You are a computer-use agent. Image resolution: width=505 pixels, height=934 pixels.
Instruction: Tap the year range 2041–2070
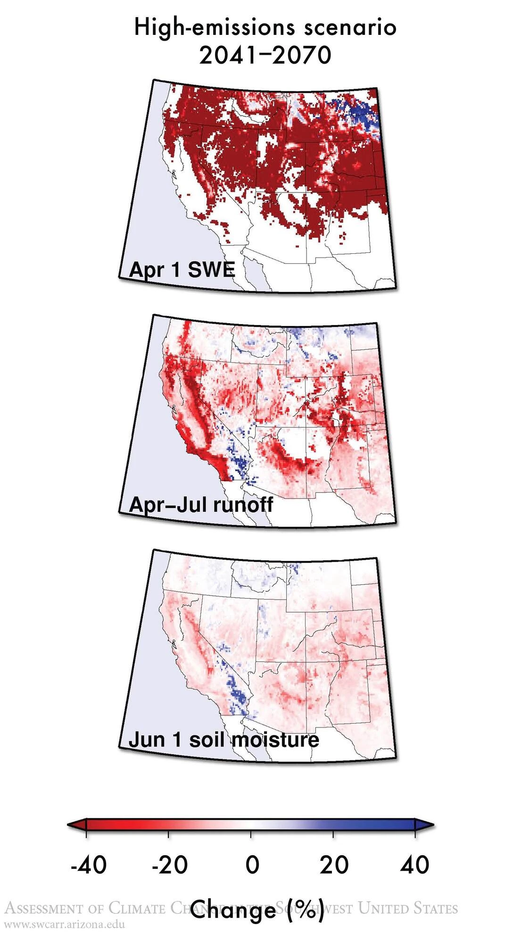[x=265, y=55]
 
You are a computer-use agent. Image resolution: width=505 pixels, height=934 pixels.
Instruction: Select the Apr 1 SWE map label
[x=182, y=270]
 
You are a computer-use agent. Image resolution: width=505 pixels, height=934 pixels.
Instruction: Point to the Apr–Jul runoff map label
[x=201, y=504]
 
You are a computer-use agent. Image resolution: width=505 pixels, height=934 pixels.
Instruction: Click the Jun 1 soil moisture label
[x=224, y=739]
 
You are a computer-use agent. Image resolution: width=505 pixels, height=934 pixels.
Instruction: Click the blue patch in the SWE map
[x=363, y=113]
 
